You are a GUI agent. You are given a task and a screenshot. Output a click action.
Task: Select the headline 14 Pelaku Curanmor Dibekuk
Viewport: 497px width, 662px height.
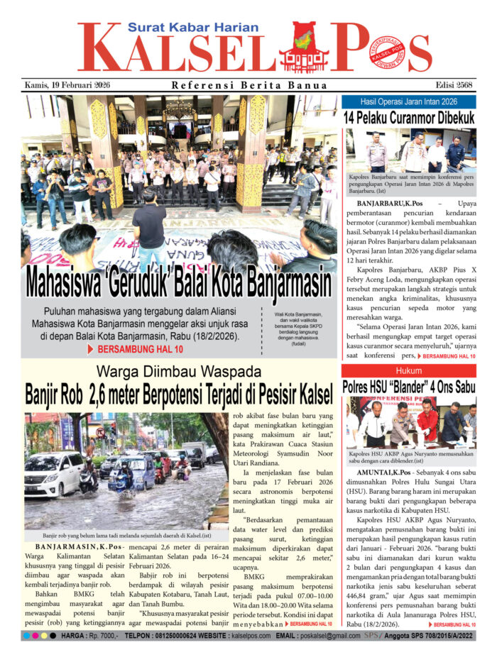tap(408, 117)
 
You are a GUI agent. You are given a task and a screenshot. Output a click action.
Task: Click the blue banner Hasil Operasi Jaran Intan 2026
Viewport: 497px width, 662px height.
tap(408, 102)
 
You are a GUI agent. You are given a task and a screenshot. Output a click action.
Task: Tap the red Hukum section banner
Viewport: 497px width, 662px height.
tap(408, 371)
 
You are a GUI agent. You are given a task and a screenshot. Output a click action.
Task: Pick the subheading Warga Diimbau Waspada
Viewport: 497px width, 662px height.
tap(178, 371)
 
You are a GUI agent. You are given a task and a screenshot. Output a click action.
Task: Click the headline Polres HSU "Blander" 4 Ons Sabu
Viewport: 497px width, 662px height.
tap(408, 387)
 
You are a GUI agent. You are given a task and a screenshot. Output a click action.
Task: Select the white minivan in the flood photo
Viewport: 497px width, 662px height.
tap(54, 475)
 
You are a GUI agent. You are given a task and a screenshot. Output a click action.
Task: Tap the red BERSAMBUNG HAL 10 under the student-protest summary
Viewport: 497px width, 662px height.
tap(134, 349)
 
